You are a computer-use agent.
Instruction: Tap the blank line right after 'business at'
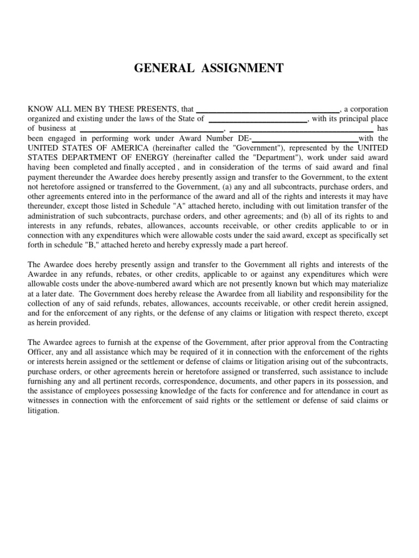click(x=152, y=129)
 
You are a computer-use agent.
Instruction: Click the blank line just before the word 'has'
click(x=301, y=129)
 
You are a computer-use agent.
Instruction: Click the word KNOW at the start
click(x=40, y=109)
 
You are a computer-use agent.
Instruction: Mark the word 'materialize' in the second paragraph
click(x=369, y=284)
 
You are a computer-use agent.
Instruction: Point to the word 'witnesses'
click(x=45, y=401)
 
